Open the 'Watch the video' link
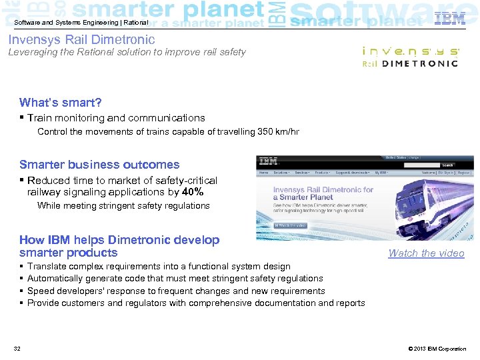[x=426, y=253]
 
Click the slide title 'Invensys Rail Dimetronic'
[x=81, y=40]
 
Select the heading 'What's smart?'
[x=61, y=102]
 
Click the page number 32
[x=17, y=349]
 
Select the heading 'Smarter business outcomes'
[x=99, y=164]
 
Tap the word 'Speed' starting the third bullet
[x=40, y=291]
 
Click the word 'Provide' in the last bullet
[x=43, y=303]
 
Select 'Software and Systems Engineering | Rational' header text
[x=81, y=23]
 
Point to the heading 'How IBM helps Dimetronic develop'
[x=119, y=240]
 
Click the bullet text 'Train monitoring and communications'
[x=116, y=117]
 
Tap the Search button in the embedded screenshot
[x=447, y=165]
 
